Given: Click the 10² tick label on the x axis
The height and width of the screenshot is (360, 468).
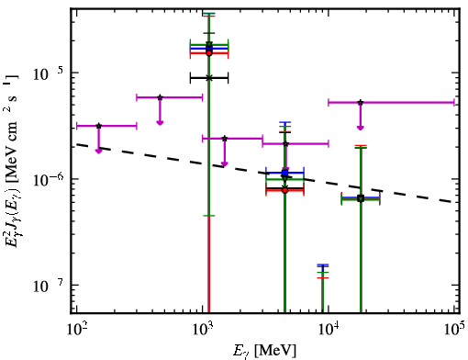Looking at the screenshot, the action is pyautogui.click(x=76, y=328).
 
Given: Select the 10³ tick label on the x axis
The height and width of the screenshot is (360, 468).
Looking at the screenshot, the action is pyautogui.click(x=203, y=328).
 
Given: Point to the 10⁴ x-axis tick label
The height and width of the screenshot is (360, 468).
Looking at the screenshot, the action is pyautogui.click(x=329, y=328).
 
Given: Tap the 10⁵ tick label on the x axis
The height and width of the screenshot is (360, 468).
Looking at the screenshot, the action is pyautogui.click(x=454, y=328).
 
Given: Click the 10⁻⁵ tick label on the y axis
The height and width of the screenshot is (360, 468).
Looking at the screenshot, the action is pyautogui.click(x=48, y=73).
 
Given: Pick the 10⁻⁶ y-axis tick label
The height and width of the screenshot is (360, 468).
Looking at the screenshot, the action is pyautogui.click(x=48, y=179).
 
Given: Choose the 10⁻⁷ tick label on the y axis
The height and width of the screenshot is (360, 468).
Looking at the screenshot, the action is pyautogui.click(x=48, y=286).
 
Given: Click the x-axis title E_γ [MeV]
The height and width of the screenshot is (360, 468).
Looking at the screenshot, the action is pyautogui.click(x=265, y=351).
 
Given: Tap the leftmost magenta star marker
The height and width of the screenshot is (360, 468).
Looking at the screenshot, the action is pyautogui.click(x=98, y=126).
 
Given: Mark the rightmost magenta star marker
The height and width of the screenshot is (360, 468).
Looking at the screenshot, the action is pyautogui.click(x=361, y=102).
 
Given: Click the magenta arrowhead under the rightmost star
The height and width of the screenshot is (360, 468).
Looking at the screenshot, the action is pyautogui.click(x=361, y=128).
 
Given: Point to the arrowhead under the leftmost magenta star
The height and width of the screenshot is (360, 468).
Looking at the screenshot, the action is pyautogui.click(x=98, y=151).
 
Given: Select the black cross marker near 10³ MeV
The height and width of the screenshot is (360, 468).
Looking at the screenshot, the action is pyautogui.click(x=209, y=78).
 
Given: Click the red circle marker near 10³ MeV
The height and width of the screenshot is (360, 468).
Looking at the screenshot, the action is pyautogui.click(x=209, y=53).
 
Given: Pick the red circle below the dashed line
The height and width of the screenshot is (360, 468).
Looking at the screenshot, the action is pyautogui.click(x=284, y=190).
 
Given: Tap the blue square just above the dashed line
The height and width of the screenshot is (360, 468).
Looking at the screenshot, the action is pyautogui.click(x=285, y=174).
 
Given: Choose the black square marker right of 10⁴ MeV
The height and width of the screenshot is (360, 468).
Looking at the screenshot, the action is pyautogui.click(x=361, y=197).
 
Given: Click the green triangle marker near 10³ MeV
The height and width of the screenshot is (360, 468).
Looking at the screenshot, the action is pyautogui.click(x=209, y=45).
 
